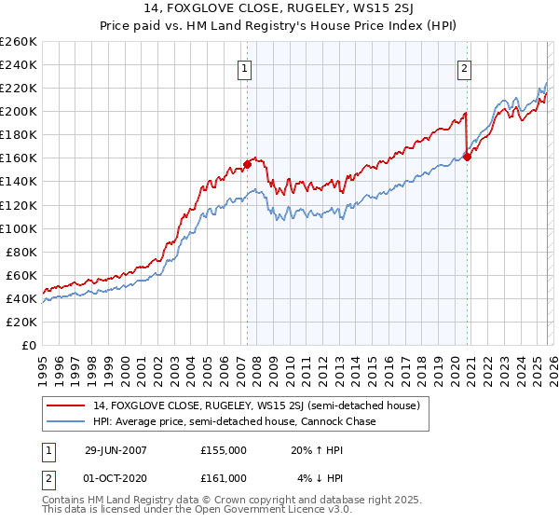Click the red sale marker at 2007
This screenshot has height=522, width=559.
[x=247, y=164]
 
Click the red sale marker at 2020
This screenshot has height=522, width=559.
[x=467, y=157]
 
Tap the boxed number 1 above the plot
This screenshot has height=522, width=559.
[x=244, y=67]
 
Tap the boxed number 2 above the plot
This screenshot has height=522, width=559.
[x=463, y=67]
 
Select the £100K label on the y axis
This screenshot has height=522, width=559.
[x=19, y=228]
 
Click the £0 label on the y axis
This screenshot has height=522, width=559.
[x=27, y=345]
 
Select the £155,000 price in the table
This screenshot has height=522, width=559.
[x=223, y=449]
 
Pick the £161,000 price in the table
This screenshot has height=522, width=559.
[x=223, y=477]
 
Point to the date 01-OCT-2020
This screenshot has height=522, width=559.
[x=116, y=477]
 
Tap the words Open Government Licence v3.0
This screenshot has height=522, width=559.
[x=240, y=511]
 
